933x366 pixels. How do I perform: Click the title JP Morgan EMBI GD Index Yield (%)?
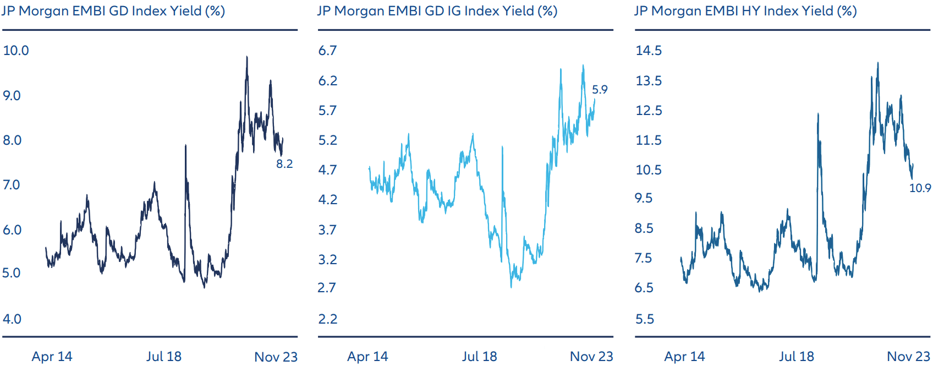113,11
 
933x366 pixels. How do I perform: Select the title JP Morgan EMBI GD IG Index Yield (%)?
437,11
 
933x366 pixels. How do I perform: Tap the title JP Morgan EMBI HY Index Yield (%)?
745,11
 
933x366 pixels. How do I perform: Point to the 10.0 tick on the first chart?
16,51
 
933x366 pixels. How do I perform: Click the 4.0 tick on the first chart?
12,319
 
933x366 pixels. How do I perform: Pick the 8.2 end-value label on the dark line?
284,164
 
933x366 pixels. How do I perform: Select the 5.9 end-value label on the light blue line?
600,90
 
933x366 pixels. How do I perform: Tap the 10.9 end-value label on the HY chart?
920,188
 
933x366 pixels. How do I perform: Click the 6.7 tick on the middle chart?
327,51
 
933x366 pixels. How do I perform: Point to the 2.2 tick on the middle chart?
327,319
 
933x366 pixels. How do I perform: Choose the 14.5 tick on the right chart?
649,51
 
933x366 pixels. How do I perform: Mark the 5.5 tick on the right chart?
645,319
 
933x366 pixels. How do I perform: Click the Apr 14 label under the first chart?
52,357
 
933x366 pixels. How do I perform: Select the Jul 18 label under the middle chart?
479,357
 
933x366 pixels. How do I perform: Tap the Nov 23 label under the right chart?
908,357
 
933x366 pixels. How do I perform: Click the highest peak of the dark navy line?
246,57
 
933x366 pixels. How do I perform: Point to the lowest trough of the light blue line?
511,287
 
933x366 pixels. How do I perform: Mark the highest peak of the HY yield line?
877,63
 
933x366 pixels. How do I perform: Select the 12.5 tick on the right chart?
649,111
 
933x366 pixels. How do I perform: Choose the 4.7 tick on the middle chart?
327,170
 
